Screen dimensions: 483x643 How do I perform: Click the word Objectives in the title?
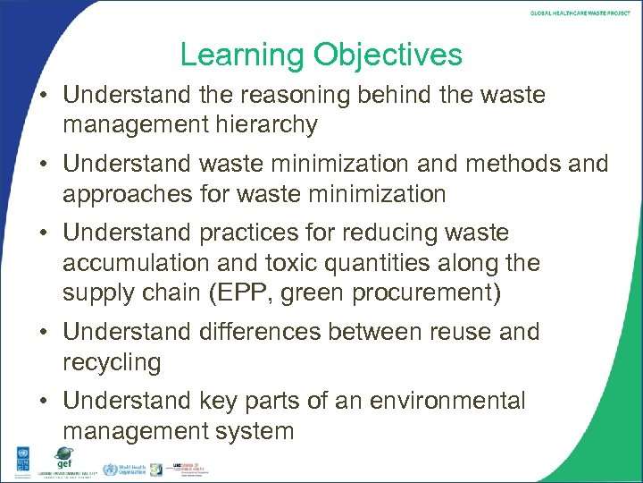pos(388,55)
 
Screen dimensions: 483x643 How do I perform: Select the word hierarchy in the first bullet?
pos(261,124)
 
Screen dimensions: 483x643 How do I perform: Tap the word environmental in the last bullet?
pos(430,401)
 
